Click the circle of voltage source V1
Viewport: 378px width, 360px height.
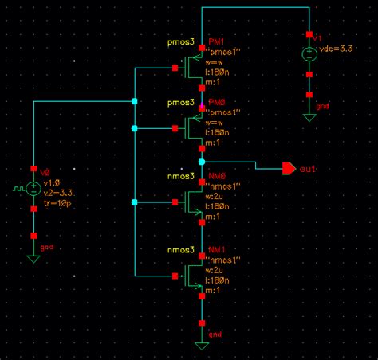point(309,55)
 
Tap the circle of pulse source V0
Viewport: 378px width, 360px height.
point(33,189)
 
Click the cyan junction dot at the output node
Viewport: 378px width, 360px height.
point(202,161)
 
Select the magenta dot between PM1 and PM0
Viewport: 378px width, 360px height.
point(202,106)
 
